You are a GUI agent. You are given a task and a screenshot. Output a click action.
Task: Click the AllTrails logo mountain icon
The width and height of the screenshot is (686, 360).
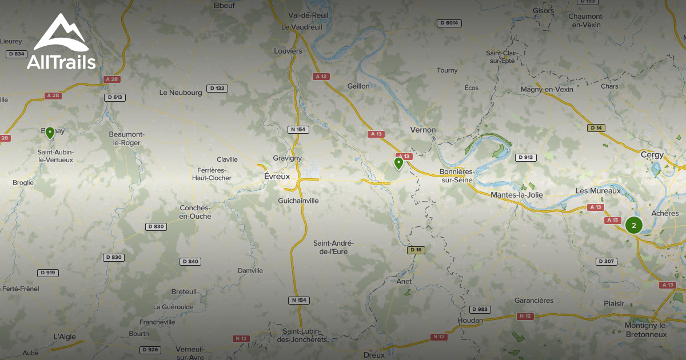(x=61, y=33)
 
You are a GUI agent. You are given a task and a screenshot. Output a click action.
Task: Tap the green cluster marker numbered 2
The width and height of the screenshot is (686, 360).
(x=633, y=225)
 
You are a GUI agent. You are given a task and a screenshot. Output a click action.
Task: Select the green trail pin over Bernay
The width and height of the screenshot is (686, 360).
(x=50, y=133)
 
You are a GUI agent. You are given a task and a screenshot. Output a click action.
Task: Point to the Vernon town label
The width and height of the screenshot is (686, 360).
(x=423, y=130)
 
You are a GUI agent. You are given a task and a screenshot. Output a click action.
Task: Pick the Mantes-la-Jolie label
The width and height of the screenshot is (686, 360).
(x=517, y=195)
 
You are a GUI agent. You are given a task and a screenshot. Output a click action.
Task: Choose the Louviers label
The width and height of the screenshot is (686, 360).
(x=288, y=51)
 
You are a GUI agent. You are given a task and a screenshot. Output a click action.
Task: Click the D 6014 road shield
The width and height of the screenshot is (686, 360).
(x=449, y=23)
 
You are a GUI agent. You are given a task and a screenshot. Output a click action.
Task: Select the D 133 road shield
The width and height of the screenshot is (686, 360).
(x=217, y=88)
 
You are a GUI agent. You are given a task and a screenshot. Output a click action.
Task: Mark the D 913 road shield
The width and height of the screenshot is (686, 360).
(x=525, y=157)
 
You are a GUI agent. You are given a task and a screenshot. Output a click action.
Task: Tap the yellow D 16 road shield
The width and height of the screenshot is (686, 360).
(x=416, y=250)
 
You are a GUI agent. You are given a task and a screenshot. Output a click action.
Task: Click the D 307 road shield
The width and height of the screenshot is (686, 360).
(x=607, y=261)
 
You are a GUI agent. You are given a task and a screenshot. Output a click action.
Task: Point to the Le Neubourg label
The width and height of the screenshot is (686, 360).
(x=181, y=92)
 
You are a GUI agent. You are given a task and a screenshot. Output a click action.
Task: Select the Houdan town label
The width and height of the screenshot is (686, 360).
(x=470, y=320)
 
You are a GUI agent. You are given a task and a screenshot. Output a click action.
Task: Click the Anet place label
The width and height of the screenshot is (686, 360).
(x=404, y=281)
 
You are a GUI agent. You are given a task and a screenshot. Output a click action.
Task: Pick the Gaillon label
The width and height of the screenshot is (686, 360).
(x=358, y=86)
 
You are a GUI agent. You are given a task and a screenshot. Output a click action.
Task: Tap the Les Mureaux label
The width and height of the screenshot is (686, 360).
(x=597, y=190)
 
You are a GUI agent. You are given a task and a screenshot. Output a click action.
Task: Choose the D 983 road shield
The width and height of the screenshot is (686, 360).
(x=480, y=309)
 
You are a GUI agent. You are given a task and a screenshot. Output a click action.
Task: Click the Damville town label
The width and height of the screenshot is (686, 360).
(x=250, y=270)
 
